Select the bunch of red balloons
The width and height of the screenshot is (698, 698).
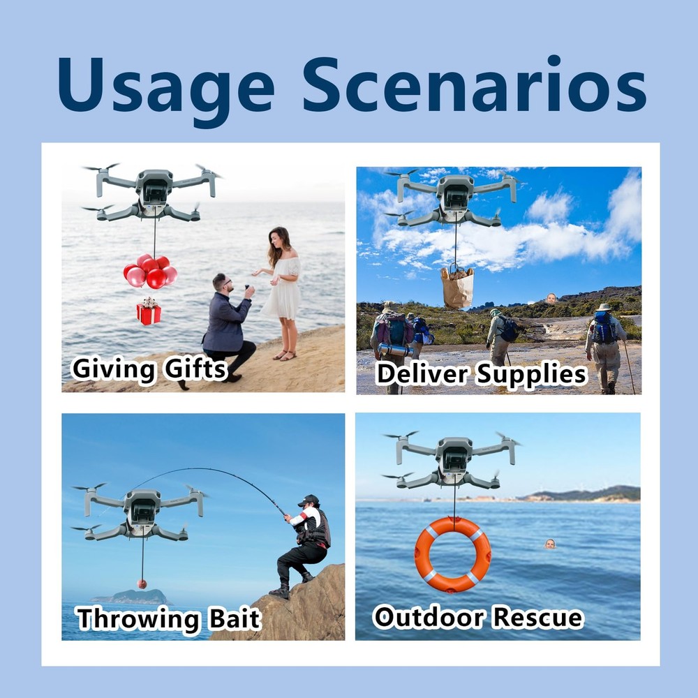coord(150,272)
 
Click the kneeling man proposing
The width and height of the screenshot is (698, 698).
coord(230,325)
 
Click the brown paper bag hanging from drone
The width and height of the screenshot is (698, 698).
coord(457,287)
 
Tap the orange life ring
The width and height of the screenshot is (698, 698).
coord(452,554)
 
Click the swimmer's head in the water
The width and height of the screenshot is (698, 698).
coord(550,544)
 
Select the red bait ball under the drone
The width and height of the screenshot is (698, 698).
coord(142,584)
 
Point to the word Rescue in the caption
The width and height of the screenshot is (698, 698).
coord(537,618)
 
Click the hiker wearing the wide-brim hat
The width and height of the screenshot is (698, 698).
coord(604,346)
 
